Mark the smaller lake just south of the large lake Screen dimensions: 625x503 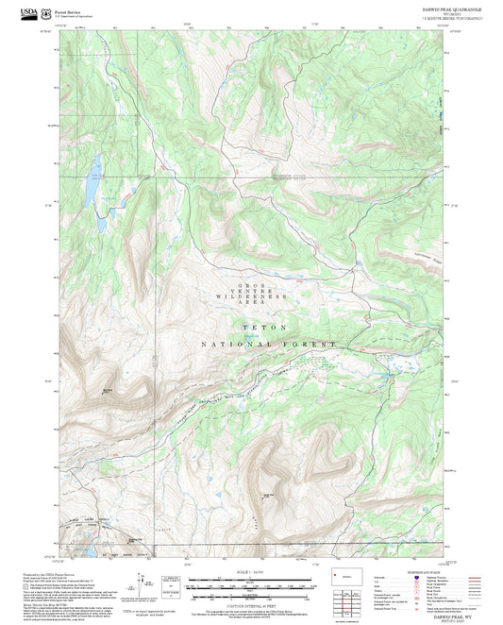click(100, 227)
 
